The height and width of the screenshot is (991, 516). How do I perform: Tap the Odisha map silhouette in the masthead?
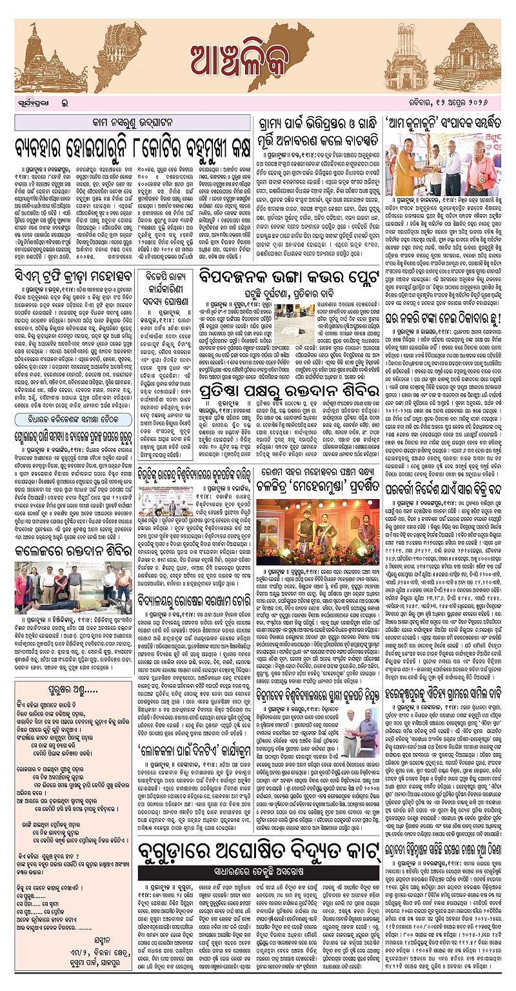pyautogui.click(x=161, y=48)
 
